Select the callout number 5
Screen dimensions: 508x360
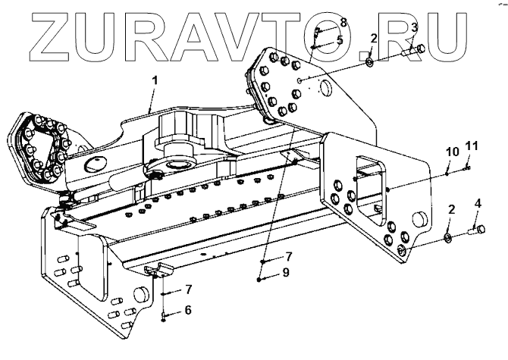pyautogui.click(x=340, y=39)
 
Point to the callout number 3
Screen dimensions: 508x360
pyautogui.click(x=414, y=28)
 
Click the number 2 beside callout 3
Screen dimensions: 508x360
pyautogui.click(x=373, y=38)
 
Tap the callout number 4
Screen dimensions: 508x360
pyautogui.click(x=478, y=203)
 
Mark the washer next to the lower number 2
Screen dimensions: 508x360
pyautogui.click(x=448, y=239)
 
